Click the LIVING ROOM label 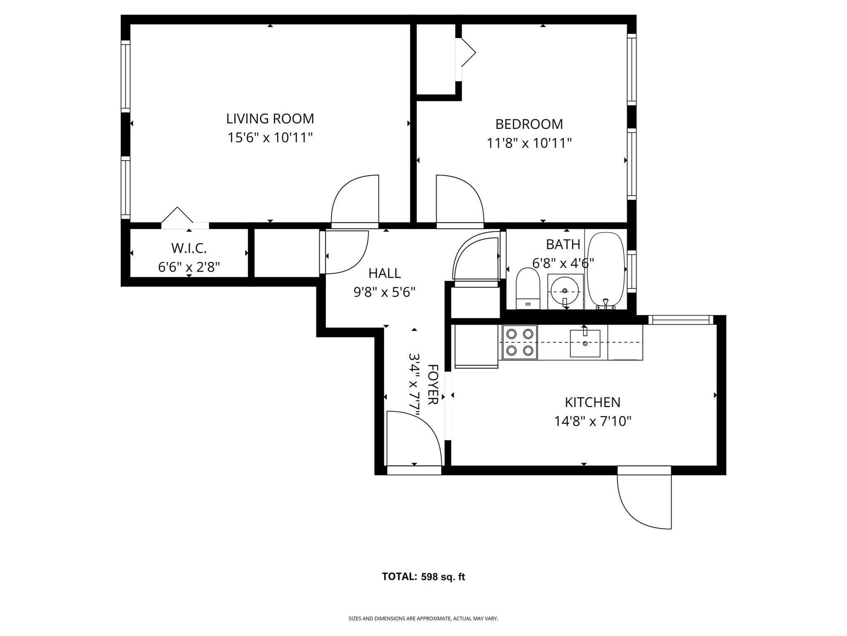(270, 119)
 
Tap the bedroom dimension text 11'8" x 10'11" (529, 143)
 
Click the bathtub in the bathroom (606, 271)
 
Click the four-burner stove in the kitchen (520, 342)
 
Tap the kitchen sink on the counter (585, 343)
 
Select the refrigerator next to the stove (476, 346)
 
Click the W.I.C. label (189, 248)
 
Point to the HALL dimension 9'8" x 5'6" (384, 293)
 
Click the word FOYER (433, 385)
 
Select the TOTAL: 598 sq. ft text (423, 577)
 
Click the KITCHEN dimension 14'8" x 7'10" (592, 422)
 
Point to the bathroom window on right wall (632, 271)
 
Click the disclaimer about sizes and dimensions (423, 619)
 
